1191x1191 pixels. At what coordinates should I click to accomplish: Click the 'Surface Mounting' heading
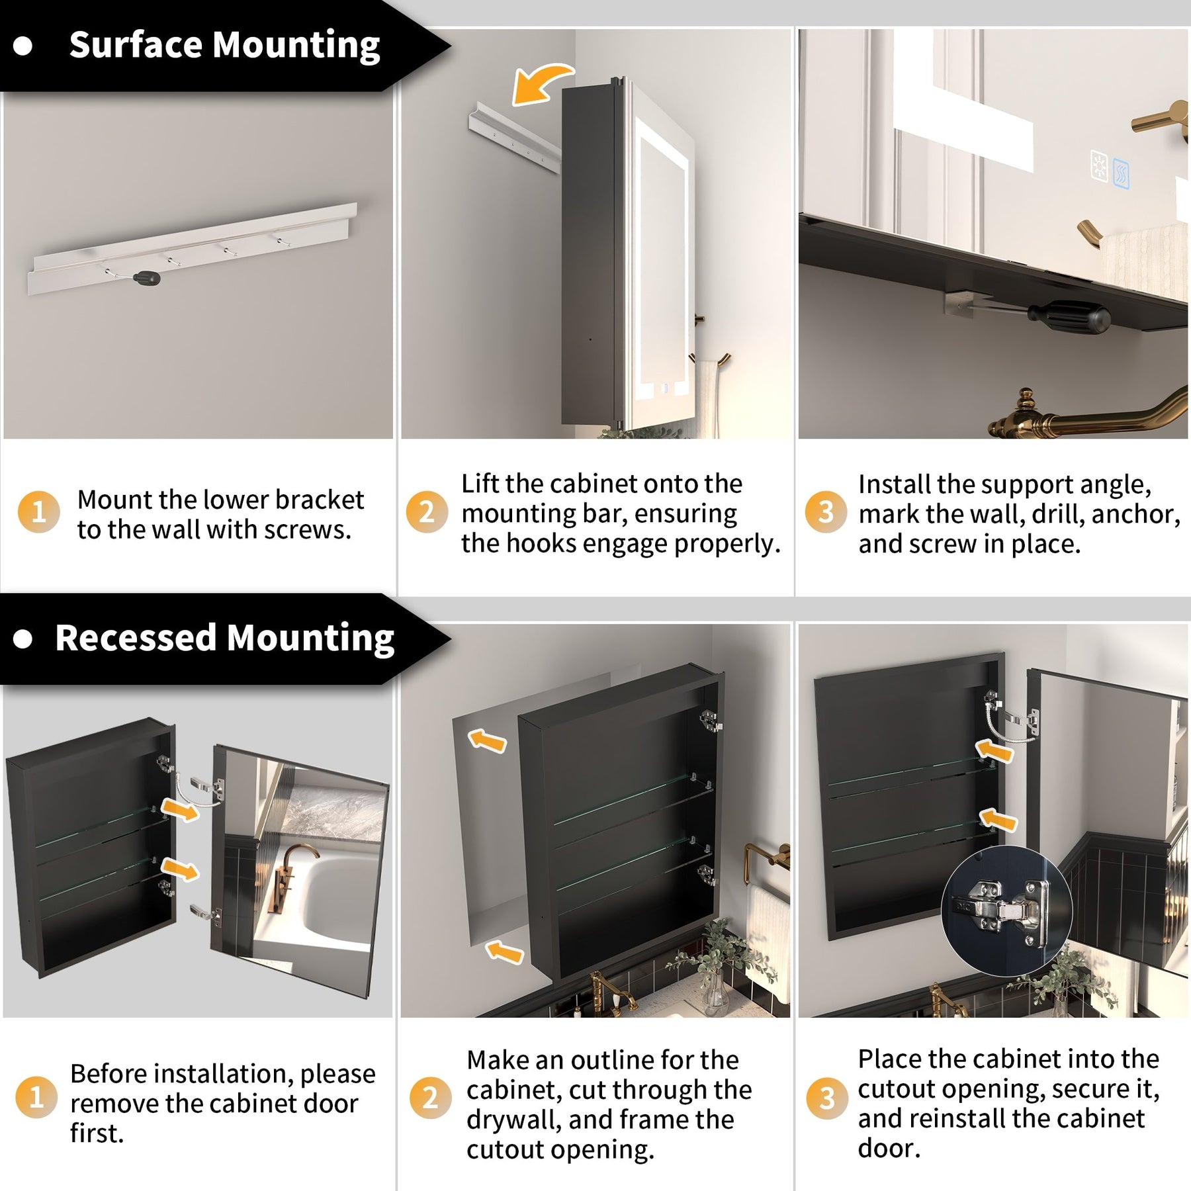tap(224, 46)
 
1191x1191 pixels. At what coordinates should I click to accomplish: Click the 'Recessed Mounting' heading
tap(224, 639)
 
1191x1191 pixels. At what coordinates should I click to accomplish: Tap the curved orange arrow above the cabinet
tap(539, 84)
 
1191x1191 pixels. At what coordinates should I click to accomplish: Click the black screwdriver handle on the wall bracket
tap(146, 278)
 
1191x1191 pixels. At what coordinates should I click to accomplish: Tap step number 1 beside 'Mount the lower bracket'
tap(38, 512)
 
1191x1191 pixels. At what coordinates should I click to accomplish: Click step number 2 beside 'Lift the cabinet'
tap(427, 511)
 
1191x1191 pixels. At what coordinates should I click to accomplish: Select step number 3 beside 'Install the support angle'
tap(826, 511)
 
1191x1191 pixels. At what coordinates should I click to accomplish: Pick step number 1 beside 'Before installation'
tap(36, 1098)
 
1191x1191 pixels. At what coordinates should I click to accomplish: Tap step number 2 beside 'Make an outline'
tap(430, 1098)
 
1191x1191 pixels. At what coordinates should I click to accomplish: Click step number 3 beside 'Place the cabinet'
tap(827, 1098)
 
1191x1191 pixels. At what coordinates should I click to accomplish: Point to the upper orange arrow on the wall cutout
tap(487, 741)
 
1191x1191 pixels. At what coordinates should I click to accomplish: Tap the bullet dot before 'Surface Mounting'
tap(23, 46)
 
